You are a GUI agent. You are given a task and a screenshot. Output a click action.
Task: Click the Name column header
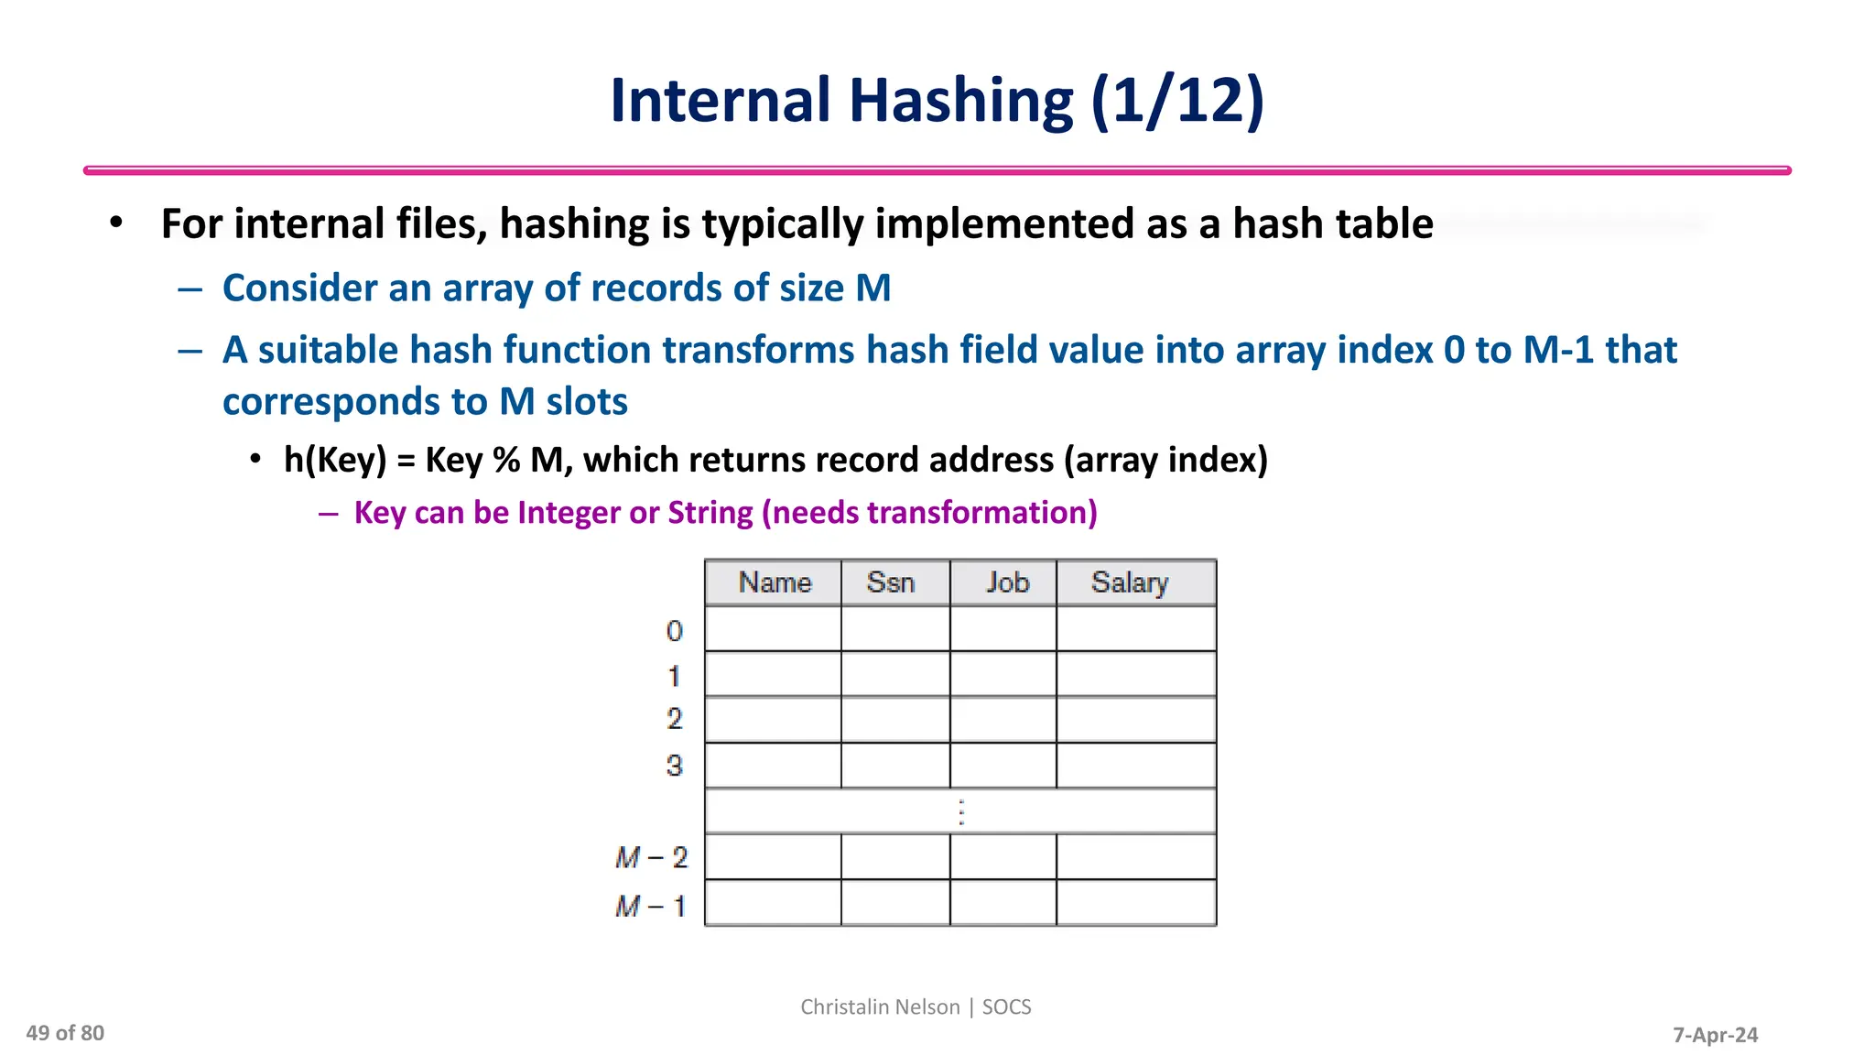point(775,582)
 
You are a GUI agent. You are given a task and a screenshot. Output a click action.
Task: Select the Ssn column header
point(891,582)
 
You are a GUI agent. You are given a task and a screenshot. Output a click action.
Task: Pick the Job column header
point(1007,582)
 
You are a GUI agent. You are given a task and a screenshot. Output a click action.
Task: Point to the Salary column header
point(1130,582)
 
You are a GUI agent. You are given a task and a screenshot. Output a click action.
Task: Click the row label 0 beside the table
point(675,631)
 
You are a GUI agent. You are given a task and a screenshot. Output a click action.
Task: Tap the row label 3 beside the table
point(675,766)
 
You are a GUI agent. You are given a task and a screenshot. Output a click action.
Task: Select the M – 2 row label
point(651,857)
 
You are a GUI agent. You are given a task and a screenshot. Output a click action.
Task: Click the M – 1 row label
point(651,907)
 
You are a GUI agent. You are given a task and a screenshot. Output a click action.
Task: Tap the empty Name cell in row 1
point(773,675)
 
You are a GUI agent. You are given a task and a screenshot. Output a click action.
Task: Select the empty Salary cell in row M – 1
point(1136,903)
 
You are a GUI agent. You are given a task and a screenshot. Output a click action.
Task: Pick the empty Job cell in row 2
point(1003,720)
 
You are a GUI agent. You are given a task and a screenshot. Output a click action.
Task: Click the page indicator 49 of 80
point(65,1033)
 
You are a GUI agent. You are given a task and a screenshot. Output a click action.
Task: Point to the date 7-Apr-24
point(1715,1035)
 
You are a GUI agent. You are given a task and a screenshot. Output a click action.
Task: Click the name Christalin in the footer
point(840,1006)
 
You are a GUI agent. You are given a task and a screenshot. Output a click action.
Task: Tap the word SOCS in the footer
point(1006,1006)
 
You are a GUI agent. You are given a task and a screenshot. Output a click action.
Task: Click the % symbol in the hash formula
point(506,460)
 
